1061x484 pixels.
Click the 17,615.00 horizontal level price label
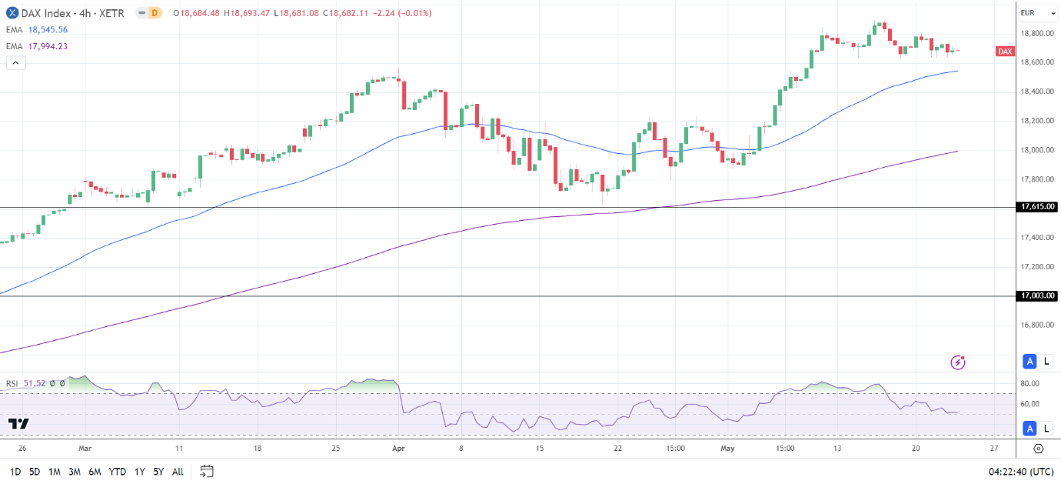coord(1037,207)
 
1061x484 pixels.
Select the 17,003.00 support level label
coord(1037,295)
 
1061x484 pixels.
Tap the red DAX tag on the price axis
coord(1004,52)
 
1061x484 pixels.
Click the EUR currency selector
coord(1027,13)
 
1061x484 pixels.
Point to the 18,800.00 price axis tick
coord(1036,33)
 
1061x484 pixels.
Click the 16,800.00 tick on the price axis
coord(1036,325)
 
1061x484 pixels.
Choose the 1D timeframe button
coord(15,471)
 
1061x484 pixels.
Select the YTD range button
coord(118,471)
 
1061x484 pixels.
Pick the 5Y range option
coord(158,471)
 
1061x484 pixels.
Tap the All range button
coord(178,471)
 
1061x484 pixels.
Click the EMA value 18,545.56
coord(48,30)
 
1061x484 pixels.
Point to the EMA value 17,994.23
coord(48,46)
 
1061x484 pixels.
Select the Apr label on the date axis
coord(397,448)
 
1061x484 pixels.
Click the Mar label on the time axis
coord(85,448)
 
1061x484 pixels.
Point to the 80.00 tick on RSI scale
coord(1029,383)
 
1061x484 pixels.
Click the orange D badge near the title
coord(155,13)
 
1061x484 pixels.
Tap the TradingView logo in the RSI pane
coord(18,423)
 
